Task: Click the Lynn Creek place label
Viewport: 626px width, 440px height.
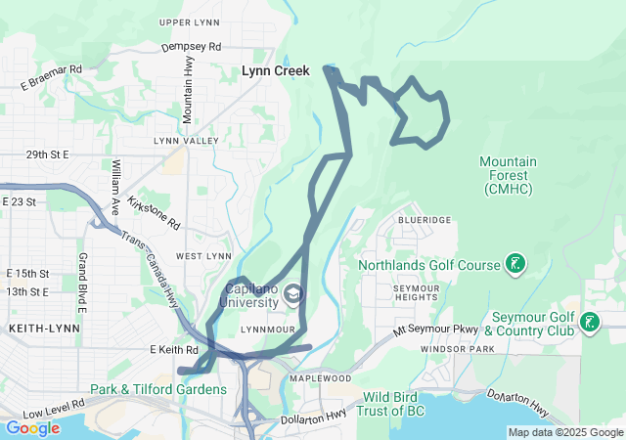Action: (276, 70)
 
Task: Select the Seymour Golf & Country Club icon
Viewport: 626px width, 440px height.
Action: (590, 322)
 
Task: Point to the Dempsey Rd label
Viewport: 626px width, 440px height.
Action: (192, 46)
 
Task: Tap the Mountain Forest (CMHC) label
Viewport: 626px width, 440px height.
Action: (513, 174)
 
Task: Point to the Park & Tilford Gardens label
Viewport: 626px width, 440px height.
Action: (158, 389)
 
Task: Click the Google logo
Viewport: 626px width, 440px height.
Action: (32, 427)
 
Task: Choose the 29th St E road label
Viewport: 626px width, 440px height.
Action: (48, 154)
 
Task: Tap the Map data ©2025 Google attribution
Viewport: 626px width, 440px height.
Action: (564, 432)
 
